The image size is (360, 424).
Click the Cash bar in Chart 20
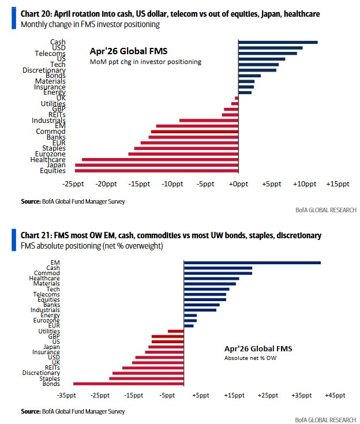click(277, 42)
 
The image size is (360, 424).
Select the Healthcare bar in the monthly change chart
click(160, 159)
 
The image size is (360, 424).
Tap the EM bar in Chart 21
click(252, 263)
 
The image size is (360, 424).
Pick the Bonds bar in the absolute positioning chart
click(129, 384)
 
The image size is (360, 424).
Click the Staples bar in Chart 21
click(146, 378)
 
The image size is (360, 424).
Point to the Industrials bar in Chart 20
click(209, 120)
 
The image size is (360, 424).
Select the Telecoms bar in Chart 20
click(267, 53)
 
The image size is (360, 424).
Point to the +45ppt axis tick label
click(335, 395)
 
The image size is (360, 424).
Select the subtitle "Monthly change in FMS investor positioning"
click(90, 24)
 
